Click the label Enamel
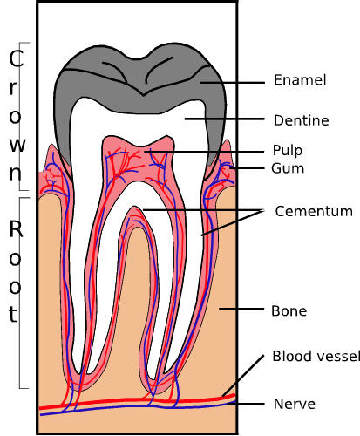[299, 80]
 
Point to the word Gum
[287, 167]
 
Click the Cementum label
[313, 211]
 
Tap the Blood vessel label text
[314, 356]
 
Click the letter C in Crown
[14, 59]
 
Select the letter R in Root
[14, 230]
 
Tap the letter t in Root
[13, 314]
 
